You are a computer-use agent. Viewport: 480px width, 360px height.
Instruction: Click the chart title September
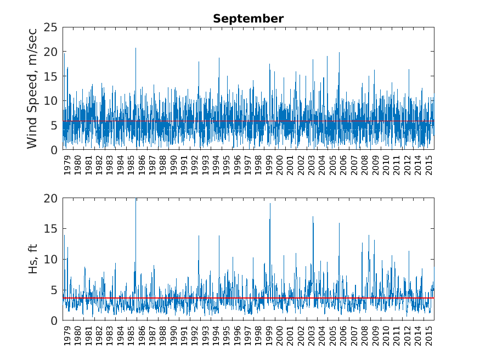pos(248,19)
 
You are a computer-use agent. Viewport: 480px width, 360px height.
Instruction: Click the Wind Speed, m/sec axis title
pos(32,88)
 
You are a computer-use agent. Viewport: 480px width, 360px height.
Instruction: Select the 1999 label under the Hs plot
pos(270,337)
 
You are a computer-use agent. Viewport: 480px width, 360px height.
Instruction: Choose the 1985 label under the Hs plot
pos(132,337)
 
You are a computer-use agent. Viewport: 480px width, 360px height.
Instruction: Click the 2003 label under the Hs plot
pos(312,337)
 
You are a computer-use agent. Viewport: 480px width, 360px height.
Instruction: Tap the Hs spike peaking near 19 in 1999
pos(270,204)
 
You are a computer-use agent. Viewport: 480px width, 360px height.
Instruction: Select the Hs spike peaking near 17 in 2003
pos(313,217)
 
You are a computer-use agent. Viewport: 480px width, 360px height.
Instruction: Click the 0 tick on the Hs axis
pos(53,320)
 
